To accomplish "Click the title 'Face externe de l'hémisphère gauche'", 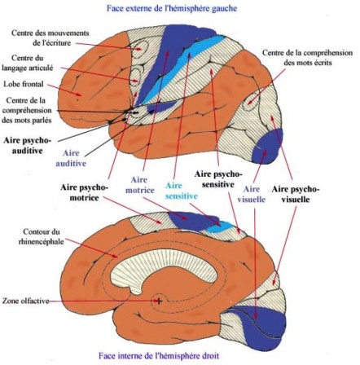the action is [172, 8].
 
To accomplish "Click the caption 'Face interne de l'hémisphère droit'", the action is [159, 355].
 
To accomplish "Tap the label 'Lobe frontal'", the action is [24, 84].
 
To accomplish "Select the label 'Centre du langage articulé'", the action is [27, 63].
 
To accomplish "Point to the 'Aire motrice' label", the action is [139, 185].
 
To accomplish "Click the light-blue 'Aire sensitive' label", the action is [181, 191].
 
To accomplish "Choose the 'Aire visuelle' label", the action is [251, 194].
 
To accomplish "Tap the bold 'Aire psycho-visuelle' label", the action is [296, 194].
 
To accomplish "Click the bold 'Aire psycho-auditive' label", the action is [27, 146].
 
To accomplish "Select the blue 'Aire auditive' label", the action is [71, 158].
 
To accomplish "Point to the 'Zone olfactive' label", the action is [26, 301].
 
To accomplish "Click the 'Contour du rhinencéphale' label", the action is [41, 236].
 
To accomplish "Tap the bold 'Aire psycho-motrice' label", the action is [84, 192].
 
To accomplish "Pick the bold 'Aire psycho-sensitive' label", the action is [218, 179].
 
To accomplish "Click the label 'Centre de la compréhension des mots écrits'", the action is [307, 57].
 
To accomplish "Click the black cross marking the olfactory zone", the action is [159, 301].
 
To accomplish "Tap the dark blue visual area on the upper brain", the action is [267, 147].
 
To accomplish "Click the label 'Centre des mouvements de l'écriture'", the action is [50, 37].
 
